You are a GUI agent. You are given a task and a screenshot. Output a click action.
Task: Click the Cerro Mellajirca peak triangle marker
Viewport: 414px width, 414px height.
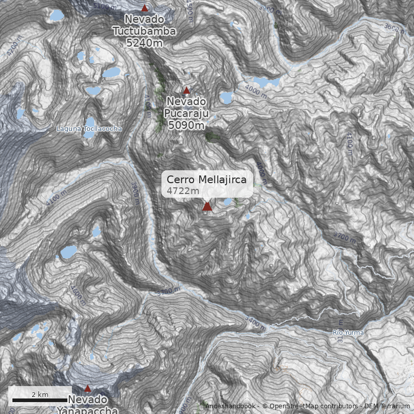point(207,206)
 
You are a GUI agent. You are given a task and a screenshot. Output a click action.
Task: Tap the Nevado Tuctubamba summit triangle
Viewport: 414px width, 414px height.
point(145,8)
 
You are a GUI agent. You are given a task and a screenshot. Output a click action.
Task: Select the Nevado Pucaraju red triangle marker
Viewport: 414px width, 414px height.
point(187,91)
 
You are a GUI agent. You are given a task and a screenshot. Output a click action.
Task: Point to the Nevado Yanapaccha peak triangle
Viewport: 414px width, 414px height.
point(87,388)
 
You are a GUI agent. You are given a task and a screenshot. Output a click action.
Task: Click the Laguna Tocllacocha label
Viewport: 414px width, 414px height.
point(89,128)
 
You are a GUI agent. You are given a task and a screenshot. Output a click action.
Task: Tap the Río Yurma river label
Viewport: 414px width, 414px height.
point(348,332)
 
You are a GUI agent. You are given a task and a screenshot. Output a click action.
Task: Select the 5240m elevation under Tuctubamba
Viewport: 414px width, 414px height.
point(144,42)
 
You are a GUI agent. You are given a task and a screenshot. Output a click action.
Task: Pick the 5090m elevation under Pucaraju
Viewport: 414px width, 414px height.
point(186,125)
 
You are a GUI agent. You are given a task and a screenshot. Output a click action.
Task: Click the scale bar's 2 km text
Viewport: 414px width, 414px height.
point(40,394)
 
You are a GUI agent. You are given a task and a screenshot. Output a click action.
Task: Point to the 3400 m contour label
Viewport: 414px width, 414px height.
point(256,323)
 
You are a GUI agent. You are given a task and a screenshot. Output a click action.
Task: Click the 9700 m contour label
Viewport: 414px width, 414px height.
point(345,238)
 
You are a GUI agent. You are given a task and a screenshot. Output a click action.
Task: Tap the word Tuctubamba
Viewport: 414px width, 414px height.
point(144,31)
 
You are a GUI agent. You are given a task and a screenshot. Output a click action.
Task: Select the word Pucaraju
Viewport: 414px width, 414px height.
point(185,113)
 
